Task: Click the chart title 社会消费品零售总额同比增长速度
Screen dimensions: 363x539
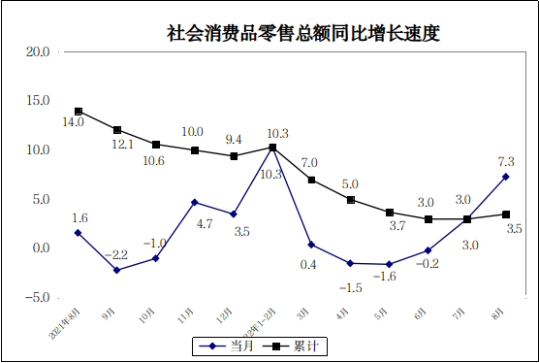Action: pyautogui.click(x=303, y=33)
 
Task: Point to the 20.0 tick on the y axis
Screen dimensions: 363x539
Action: pyautogui.click(x=38, y=51)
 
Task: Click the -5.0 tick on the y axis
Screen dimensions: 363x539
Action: pyautogui.click(x=38, y=297)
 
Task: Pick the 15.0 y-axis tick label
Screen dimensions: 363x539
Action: pyautogui.click(x=38, y=100)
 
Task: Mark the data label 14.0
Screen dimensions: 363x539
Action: pyautogui.click(x=74, y=123)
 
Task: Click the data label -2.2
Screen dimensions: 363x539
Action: pyautogui.click(x=116, y=254)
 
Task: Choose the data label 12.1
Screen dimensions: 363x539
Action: pyautogui.click(x=121, y=144)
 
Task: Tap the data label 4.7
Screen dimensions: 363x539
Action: pyautogui.click(x=205, y=223)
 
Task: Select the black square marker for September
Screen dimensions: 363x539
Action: pyautogui.click(x=117, y=130)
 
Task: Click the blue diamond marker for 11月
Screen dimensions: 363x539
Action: pyautogui.click(x=195, y=202)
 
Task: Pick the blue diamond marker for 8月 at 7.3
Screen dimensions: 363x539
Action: pyautogui.click(x=506, y=177)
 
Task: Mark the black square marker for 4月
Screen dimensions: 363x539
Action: pyautogui.click(x=351, y=200)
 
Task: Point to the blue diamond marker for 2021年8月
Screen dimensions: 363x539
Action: pyautogui.click(x=79, y=233)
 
